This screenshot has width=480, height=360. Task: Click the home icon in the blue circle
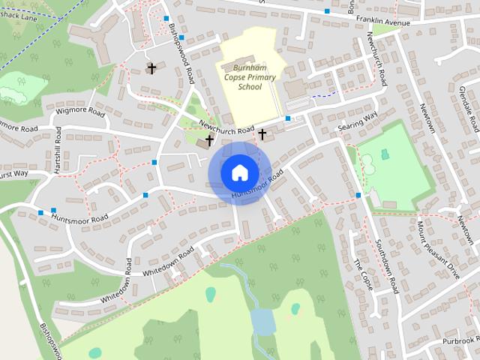239,172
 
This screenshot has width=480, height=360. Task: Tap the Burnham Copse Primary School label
250,77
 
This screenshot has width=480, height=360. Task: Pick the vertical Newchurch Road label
376,59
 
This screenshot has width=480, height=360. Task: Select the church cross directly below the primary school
262,134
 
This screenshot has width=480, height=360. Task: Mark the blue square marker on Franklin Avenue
327,11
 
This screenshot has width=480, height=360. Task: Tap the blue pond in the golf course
263,322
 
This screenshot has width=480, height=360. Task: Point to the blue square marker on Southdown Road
358,195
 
